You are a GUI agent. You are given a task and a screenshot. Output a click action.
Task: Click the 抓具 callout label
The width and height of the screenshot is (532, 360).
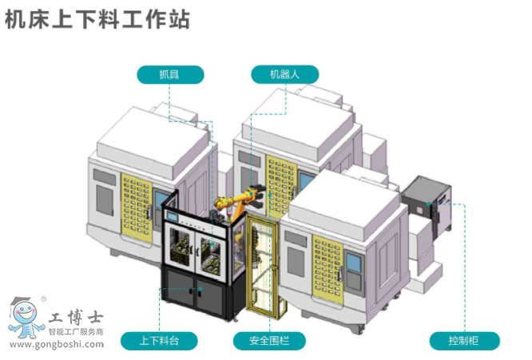click(170, 75)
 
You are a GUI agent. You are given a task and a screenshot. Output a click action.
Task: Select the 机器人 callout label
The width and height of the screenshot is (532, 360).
click(284, 75)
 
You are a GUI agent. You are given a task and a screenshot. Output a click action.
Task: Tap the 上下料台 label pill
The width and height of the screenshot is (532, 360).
click(158, 341)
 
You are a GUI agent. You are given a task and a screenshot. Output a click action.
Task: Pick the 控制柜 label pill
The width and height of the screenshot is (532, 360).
click(464, 341)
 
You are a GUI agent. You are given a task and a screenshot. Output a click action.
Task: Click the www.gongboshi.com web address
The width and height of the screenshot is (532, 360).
click(58, 345)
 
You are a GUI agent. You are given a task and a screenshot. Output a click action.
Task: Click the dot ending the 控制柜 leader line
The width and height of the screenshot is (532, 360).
click(431, 204)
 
